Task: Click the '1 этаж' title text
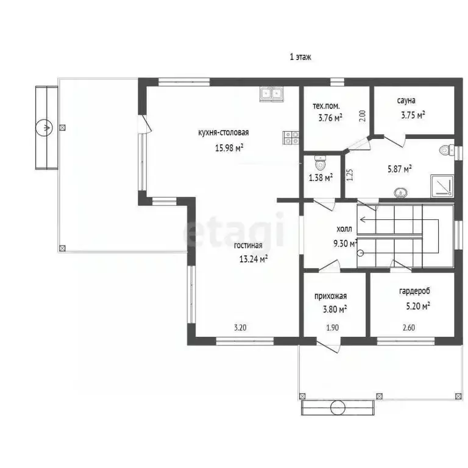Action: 300,57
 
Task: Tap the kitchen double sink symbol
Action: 271,94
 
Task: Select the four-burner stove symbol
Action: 291,138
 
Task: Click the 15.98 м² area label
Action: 229,147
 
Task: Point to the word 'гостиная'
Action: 248,246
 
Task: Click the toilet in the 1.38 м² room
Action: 321,163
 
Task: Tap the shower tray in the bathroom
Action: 442,186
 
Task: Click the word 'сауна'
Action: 406,101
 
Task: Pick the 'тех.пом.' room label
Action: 326,106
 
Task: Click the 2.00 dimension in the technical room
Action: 363,116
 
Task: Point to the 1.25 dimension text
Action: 350,175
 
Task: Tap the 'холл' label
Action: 344,229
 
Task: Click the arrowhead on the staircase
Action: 363,220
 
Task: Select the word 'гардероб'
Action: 414,291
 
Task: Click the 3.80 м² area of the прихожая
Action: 335,309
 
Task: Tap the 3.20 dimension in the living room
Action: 240,327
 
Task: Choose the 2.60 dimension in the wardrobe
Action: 409,327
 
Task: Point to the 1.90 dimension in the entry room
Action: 333,327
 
